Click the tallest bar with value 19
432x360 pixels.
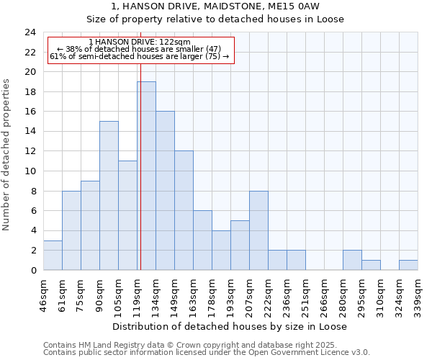click(x=146, y=176)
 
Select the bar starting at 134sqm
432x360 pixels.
click(x=165, y=191)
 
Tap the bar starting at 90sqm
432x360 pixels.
click(x=109, y=196)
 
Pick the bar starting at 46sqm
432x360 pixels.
click(x=53, y=255)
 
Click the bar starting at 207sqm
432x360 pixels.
click(x=258, y=230)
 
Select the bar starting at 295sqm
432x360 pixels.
click(x=371, y=265)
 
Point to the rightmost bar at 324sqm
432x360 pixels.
click(x=408, y=265)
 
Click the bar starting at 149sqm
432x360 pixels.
click(x=184, y=210)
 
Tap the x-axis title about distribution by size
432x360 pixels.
click(x=230, y=326)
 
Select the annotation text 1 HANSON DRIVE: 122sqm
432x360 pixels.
click(x=140, y=42)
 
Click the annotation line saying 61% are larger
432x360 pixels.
click(x=140, y=56)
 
